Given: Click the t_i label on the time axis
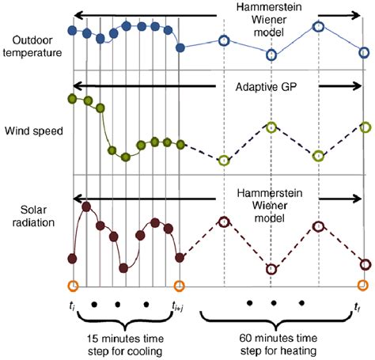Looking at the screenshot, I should coord(72,305).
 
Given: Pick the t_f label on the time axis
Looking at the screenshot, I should coord(359,305).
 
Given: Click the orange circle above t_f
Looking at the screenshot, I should coord(363,285).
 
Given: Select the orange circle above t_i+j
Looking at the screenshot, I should coord(180,285).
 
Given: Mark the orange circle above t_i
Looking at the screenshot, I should coord(73,285).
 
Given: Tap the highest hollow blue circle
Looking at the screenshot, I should coord(318,26).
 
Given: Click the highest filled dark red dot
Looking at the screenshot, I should coord(86,207).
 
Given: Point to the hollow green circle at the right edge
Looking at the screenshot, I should coord(364,127).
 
